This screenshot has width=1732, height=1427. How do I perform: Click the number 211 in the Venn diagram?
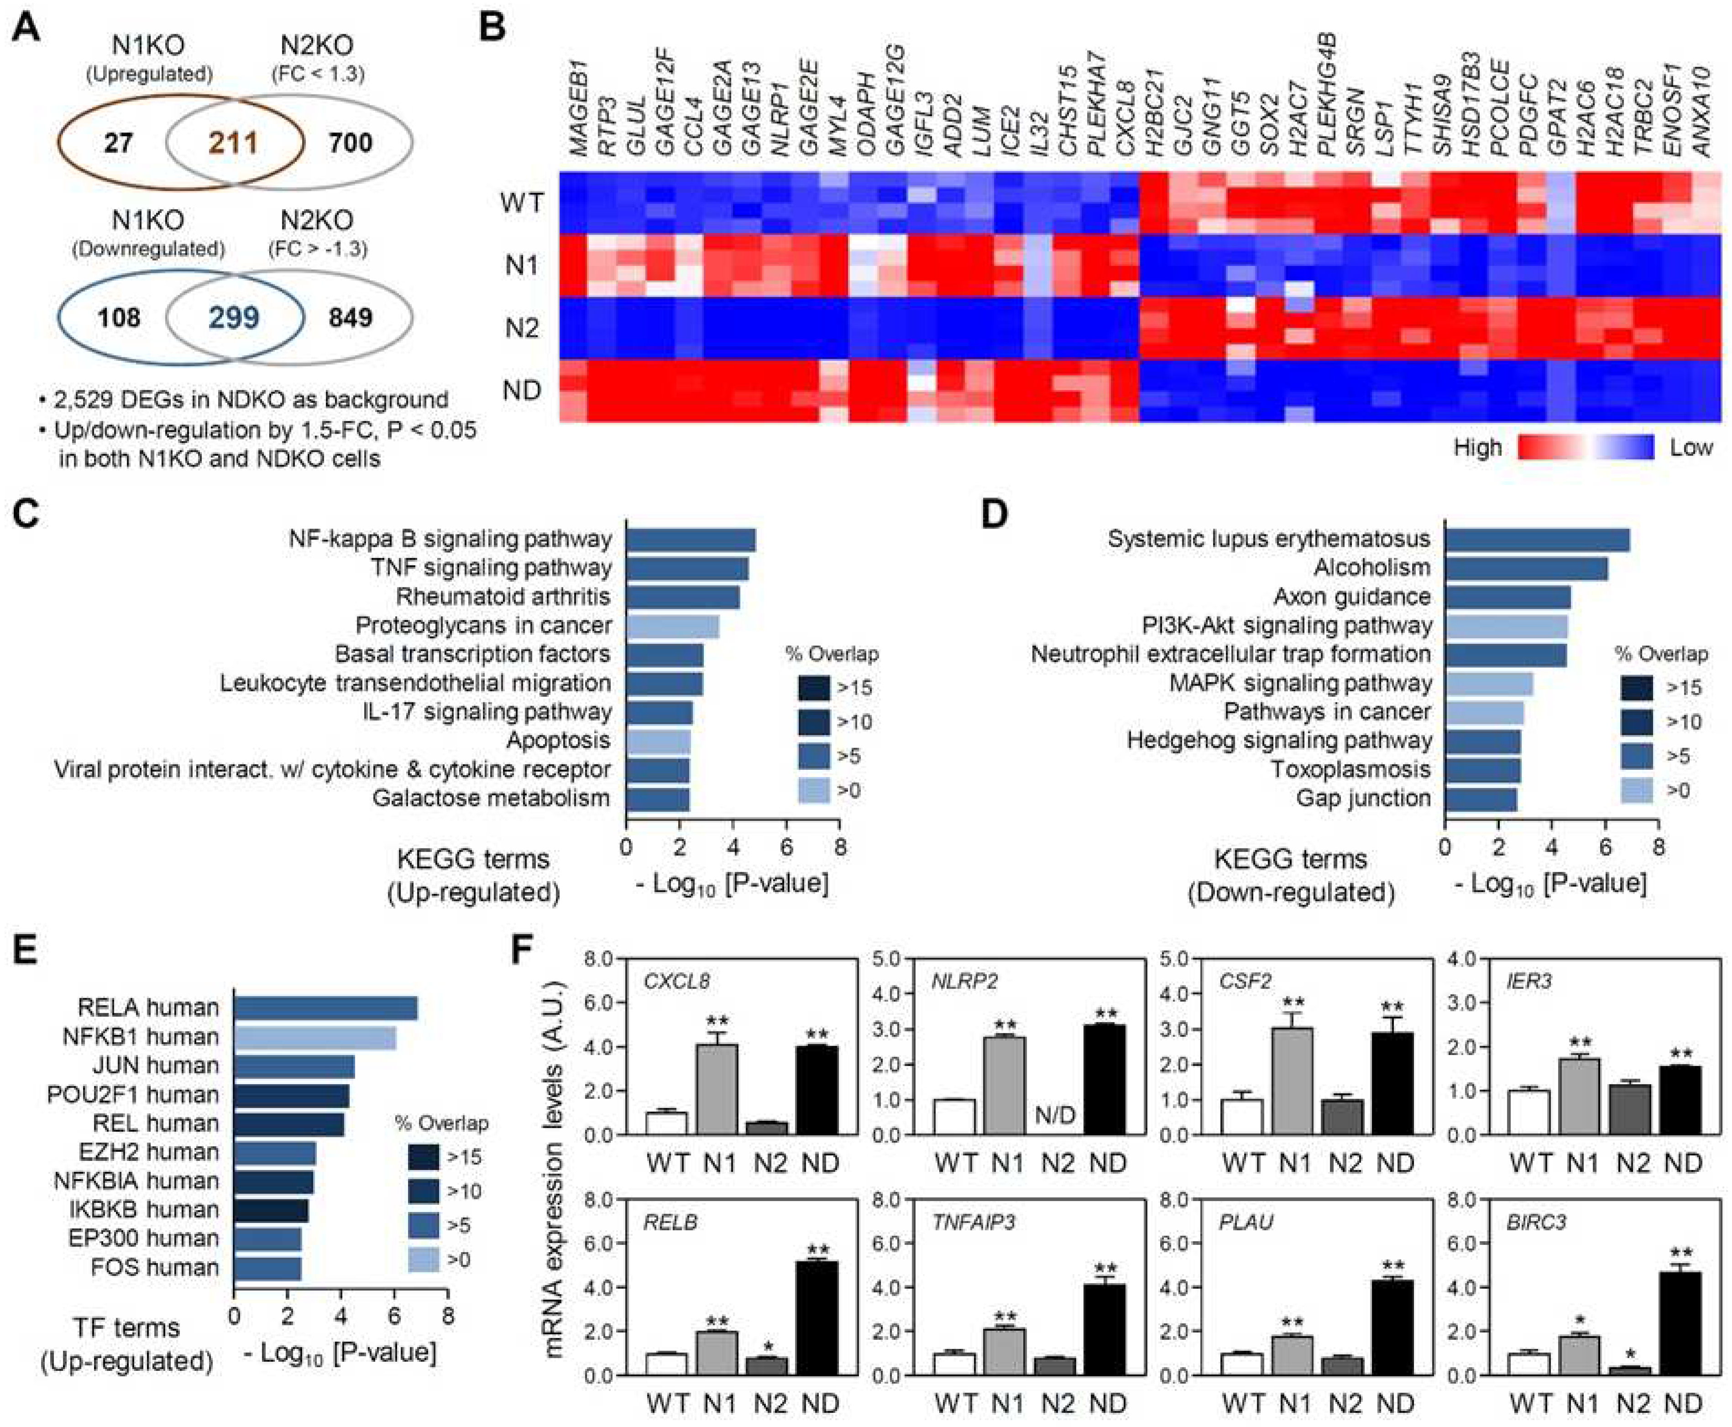[234, 143]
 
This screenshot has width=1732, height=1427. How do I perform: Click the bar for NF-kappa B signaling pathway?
[691, 540]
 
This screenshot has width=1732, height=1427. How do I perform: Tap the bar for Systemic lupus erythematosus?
[1537, 540]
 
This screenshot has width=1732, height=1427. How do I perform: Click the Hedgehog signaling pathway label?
[1279, 741]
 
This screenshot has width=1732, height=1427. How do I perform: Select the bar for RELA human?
[325, 1008]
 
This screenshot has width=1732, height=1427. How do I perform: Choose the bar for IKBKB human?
[271, 1210]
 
